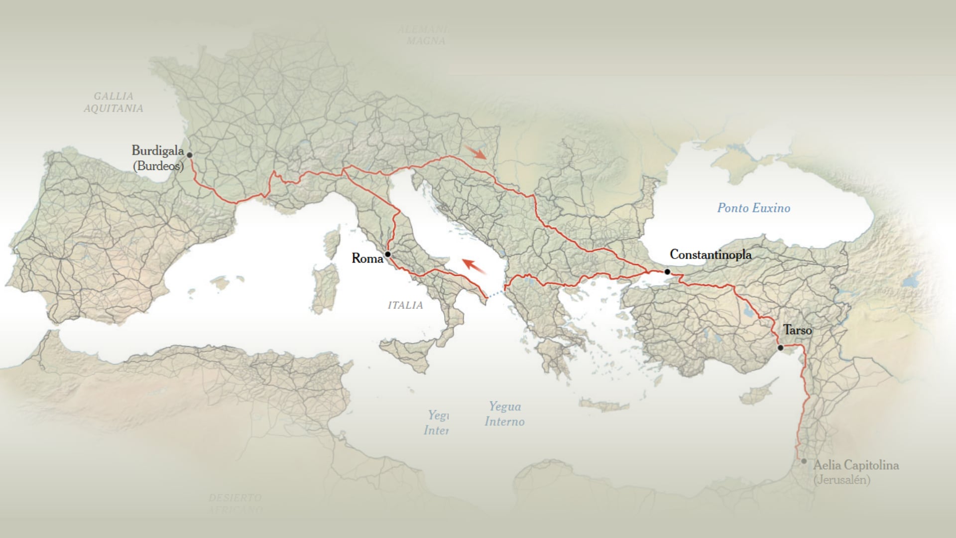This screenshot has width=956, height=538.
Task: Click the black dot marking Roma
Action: [387, 255]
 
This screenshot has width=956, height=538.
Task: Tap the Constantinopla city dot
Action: [667, 271]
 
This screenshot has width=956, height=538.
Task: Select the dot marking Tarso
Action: [780, 348]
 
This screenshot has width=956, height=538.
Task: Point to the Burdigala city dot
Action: [189, 155]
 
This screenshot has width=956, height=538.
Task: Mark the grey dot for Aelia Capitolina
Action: [804, 461]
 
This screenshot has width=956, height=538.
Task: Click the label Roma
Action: [367, 258]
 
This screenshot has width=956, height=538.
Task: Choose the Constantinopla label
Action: [711, 255]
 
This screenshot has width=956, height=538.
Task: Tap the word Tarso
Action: [797, 330]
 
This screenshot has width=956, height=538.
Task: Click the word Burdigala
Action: [157, 150]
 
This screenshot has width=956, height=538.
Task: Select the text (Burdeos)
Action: [158, 166]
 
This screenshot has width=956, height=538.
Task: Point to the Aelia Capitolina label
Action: [856, 465]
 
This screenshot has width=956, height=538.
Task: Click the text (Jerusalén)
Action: [842, 480]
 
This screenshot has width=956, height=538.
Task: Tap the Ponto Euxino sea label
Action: [753, 208]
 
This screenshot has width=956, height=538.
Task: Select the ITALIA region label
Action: [405, 305]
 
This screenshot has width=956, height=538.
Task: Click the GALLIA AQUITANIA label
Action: [114, 102]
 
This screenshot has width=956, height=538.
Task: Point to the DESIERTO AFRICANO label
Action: [235, 503]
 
